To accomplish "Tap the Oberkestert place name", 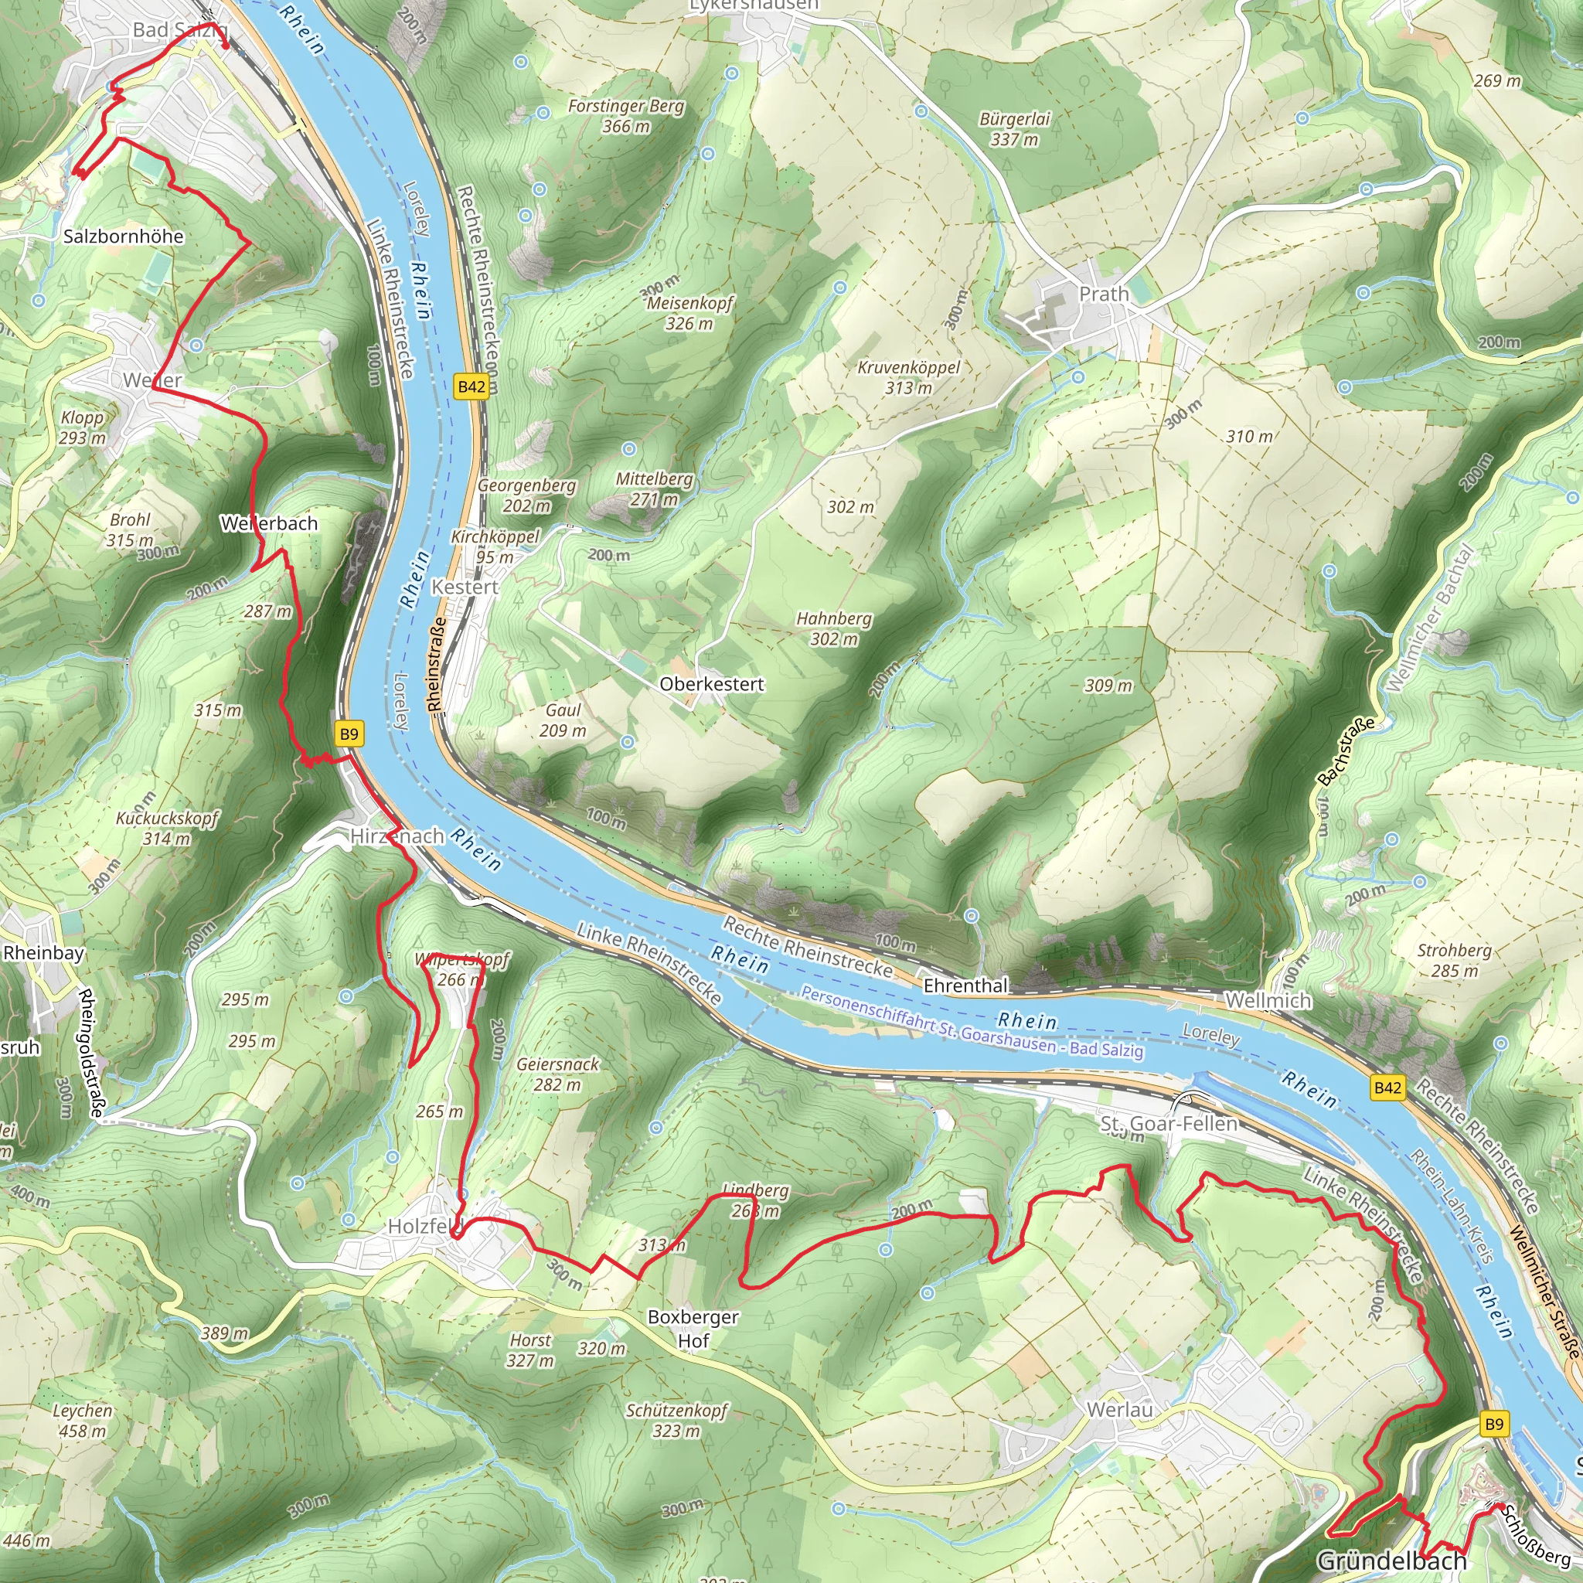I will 711,684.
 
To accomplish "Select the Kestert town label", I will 465,587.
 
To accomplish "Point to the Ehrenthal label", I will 965,986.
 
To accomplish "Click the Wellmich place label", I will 1268,1000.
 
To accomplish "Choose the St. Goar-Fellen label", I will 1169,1123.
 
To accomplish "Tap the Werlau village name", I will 1119,1409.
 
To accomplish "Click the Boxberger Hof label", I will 693,1328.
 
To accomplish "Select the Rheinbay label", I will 43,953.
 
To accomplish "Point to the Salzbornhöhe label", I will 124,236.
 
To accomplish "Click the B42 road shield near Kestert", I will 471,386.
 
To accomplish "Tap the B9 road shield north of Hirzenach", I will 349,734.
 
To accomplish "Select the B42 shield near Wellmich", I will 1387,1088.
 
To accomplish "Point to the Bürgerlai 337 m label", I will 1014,129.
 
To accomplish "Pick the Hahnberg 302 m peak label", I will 834,628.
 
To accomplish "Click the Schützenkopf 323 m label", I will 677,1420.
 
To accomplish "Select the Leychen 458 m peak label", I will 82,1420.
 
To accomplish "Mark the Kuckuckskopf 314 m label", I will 167,828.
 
